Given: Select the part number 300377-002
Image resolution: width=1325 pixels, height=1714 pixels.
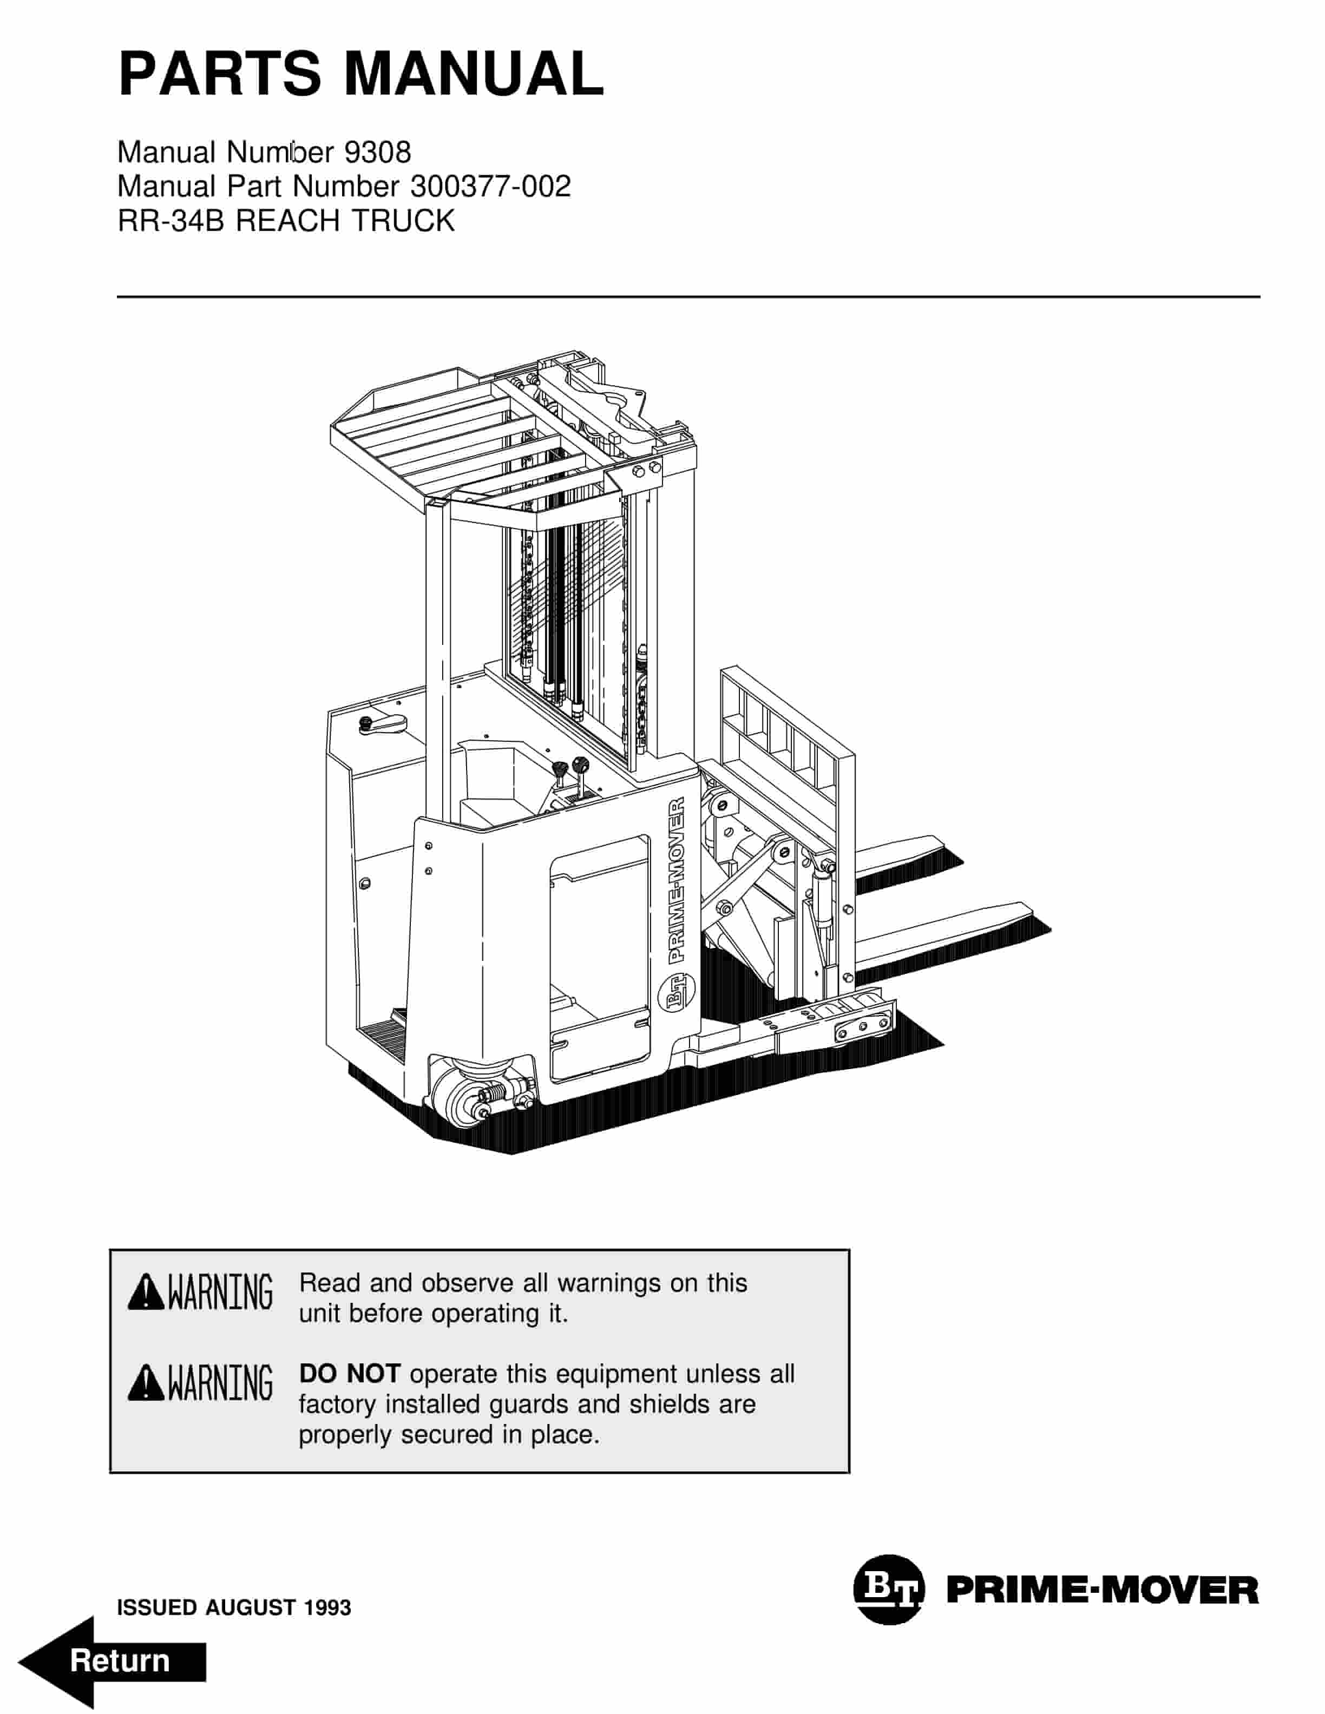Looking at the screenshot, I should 490,187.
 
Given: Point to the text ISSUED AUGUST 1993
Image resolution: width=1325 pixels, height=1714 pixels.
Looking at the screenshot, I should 234,1607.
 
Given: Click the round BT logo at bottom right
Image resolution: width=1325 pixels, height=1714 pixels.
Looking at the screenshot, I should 889,1588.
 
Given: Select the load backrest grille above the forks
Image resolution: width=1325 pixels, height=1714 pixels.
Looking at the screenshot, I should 785,734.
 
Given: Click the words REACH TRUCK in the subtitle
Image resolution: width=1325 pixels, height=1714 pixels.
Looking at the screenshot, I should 345,221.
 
